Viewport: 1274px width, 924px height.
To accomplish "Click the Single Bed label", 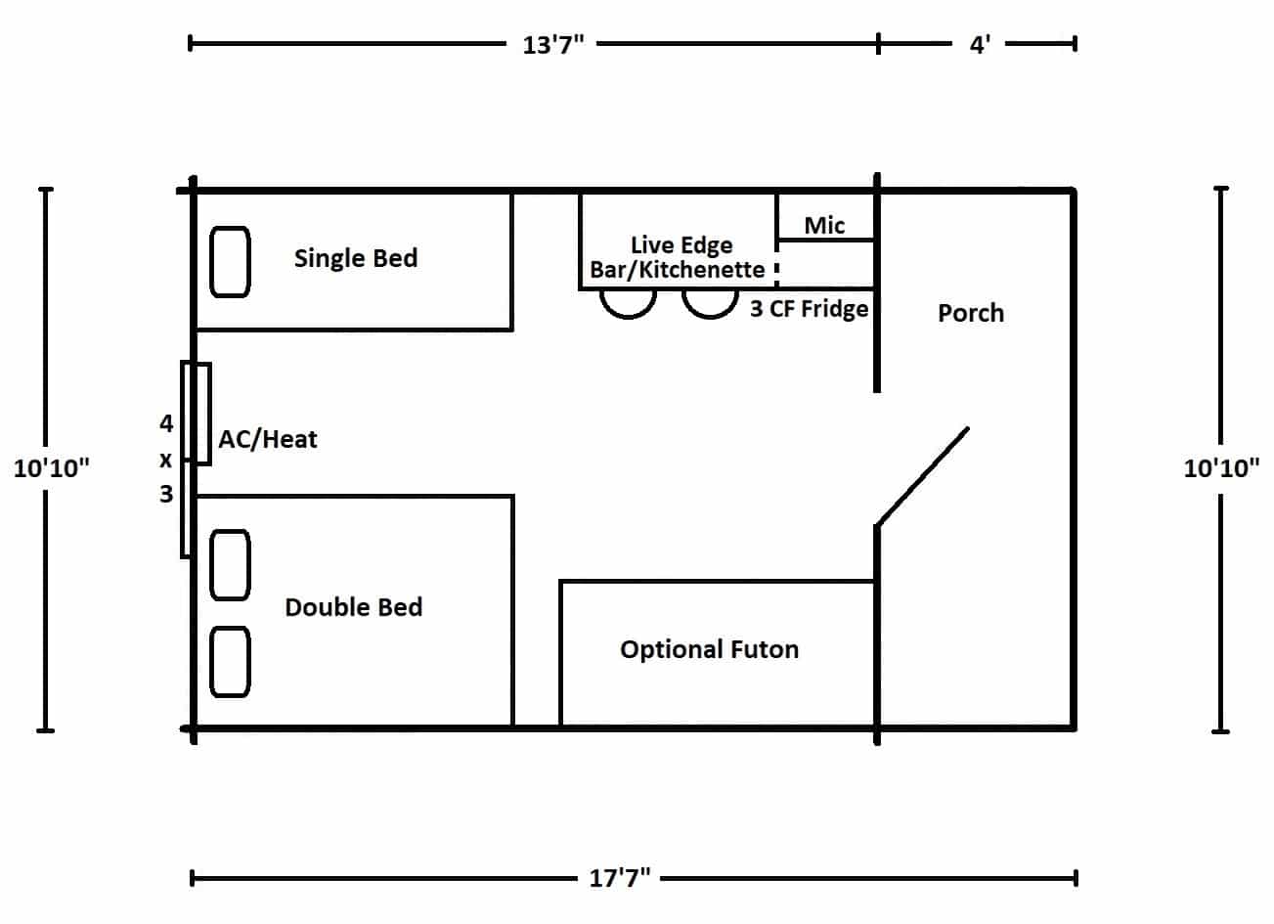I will [x=355, y=258].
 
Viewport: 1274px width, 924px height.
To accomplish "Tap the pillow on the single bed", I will [x=231, y=261].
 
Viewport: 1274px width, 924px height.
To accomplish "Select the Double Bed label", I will [x=353, y=607].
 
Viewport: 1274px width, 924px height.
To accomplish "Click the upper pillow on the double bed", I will [x=231, y=564].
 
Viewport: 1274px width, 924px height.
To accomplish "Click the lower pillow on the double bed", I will [x=231, y=662].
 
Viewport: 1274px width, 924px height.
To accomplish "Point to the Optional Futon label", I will [x=709, y=649].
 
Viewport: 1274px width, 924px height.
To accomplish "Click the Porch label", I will [x=970, y=313].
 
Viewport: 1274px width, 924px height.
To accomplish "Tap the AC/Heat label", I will [x=267, y=439].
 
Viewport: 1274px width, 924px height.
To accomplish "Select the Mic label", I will [x=823, y=226].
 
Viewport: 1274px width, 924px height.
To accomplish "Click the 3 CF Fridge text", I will [x=809, y=309].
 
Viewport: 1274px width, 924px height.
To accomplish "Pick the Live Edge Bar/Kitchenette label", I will [x=679, y=257].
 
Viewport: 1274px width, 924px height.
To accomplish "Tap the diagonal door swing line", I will [x=923, y=475].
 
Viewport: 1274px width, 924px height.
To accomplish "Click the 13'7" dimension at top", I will [x=552, y=45].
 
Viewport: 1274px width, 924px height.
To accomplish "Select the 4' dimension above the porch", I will [x=980, y=45].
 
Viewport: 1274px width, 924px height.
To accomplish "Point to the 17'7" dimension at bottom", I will [x=620, y=878].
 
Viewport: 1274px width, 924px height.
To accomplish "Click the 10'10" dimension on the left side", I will [x=51, y=468].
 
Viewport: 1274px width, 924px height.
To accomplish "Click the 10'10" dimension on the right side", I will [x=1221, y=468].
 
